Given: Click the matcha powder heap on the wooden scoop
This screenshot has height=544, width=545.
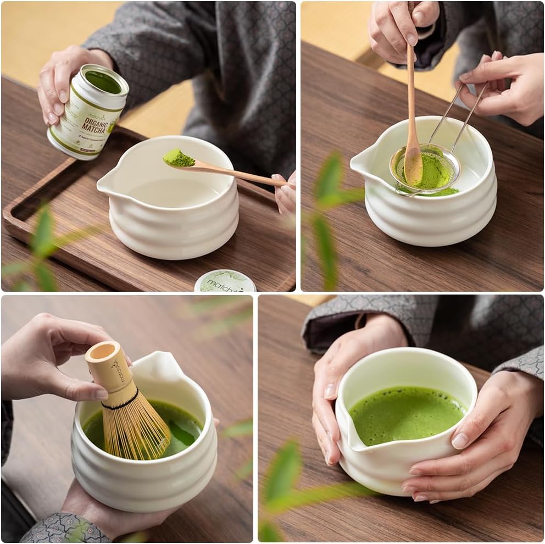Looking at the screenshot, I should pyautogui.click(x=179, y=158).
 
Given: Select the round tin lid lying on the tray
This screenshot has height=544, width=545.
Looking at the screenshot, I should pyautogui.click(x=225, y=281).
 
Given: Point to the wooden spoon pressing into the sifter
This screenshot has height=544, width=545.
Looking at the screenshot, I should pyautogui.click(x=412, y=110).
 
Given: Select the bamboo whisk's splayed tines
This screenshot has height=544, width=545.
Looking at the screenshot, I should pyautogui.click(x=137, y=434).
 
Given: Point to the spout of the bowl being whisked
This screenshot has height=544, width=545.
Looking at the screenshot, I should pyautogui.click(x=159, y=367).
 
